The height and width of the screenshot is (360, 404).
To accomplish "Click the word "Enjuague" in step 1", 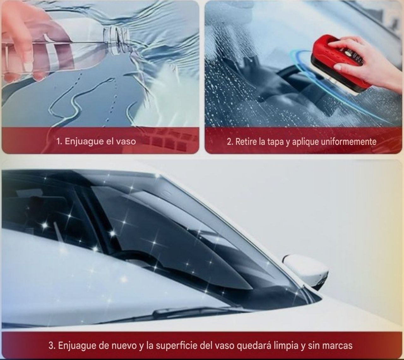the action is pyautogui.click(x=85, y=142).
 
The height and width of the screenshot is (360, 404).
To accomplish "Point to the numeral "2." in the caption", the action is pyautogui.click(x=230, y=142).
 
